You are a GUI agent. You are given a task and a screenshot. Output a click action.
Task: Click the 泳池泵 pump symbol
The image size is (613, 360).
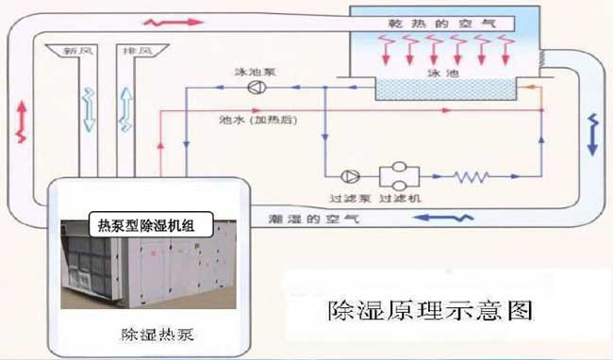(257, 87)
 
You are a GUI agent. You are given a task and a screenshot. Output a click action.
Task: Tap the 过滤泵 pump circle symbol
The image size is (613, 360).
(350, 176)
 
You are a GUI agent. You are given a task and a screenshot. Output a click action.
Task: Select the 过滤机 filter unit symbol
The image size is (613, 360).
(399, 176)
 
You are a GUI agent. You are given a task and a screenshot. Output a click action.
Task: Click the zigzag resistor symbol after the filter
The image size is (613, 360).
(471, 177)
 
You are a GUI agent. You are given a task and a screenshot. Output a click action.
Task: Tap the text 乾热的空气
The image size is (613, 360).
(442, 24)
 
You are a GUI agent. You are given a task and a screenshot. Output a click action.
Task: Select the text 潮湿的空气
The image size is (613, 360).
(313, 219)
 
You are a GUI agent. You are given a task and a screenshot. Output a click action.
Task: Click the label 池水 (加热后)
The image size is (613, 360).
(258, 120)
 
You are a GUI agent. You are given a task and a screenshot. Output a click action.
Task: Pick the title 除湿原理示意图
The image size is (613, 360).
(430, 311)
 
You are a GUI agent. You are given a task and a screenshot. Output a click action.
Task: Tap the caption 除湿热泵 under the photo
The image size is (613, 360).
(157, 335)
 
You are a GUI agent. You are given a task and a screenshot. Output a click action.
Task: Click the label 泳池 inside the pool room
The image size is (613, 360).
(443, 73)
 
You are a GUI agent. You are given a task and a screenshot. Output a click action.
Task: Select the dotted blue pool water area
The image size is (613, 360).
(445, 89)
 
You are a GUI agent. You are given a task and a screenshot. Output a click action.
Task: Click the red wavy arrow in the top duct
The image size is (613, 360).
(174, 23)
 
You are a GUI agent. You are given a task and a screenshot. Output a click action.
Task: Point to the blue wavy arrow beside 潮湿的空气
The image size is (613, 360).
(443, 218)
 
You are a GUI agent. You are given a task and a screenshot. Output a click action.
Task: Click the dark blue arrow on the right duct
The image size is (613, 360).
(593, 135)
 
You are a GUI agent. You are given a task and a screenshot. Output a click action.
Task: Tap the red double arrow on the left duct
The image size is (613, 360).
(22, 122)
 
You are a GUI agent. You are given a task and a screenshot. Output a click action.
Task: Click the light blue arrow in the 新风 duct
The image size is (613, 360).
(90, 109)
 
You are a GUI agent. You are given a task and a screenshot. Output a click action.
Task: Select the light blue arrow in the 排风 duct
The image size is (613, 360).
(125, 109)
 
